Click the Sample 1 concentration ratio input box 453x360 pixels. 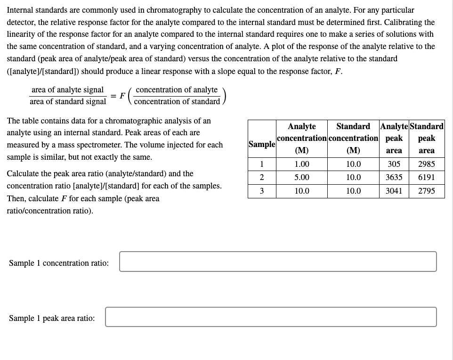(x=278, y=262)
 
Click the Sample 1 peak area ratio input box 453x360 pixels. (x=271, y=317)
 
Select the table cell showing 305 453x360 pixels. (x=394, y=164)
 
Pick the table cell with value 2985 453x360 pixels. (x=426, y=164)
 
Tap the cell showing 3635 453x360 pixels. (x=394, y=178)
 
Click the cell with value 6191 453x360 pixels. (x=426, y=178)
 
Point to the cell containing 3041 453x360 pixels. (x=394, y=191)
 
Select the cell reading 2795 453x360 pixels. (x=426, y=191)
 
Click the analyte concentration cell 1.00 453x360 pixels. (x=302, y=164)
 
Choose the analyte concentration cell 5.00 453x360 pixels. (x=302, y=178)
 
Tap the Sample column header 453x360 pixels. (x=262, y=144)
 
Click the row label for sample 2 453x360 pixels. (x=262, y=178)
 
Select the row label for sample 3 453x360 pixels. (x=262, y=191)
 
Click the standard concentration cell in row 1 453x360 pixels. (x=353, y=164)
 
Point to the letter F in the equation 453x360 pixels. (x=122, y=96)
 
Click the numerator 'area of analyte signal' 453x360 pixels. (x=67, y=90)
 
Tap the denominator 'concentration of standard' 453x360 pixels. (x=177, y=102)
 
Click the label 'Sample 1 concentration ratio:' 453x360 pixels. (x=59, y=263)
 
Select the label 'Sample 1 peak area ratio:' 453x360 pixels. (x=52, y=319)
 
